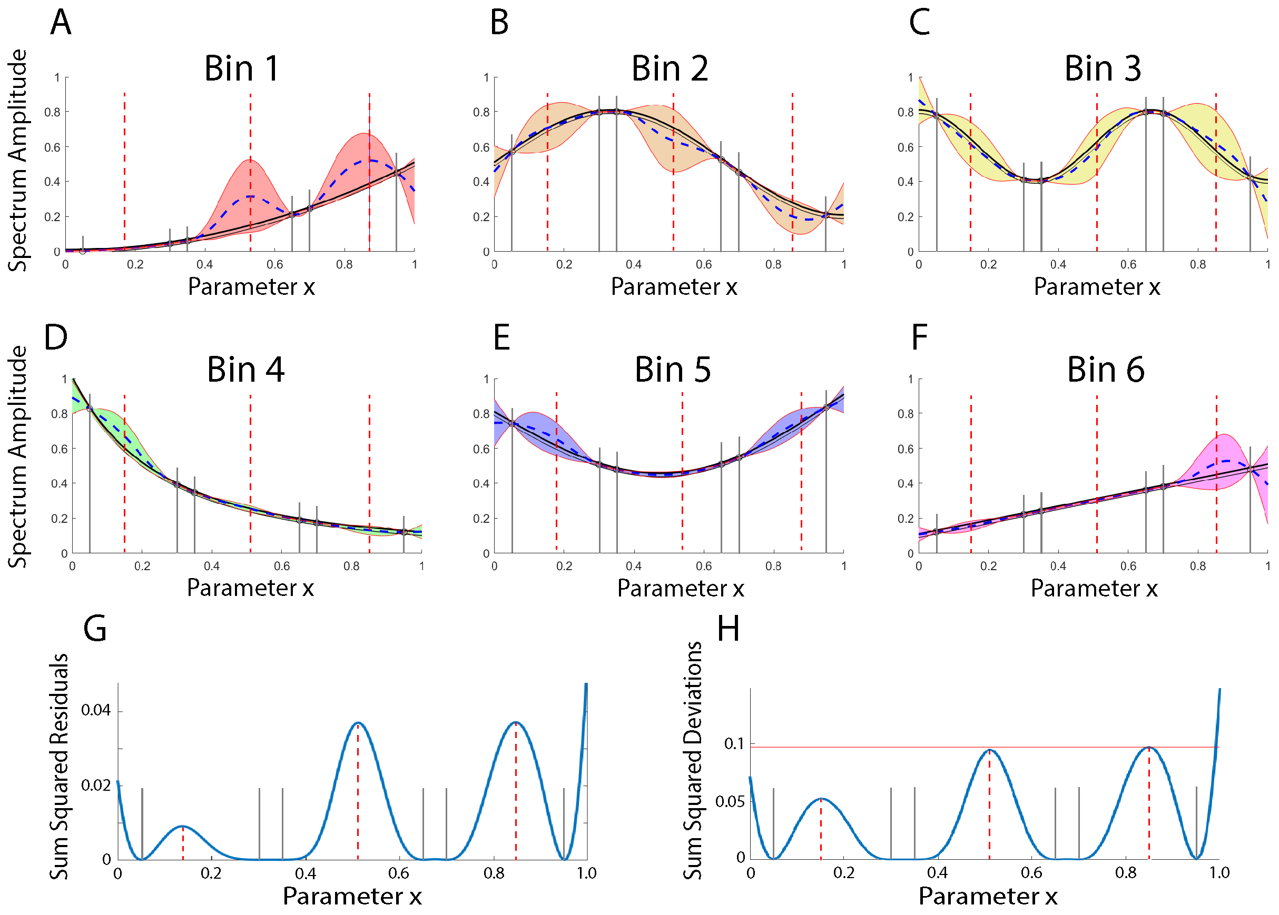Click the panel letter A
point(61,23)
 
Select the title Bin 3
point(1102,69)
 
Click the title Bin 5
point(673,370)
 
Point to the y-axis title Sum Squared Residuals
point(59,766)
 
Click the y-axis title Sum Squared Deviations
point(693,761)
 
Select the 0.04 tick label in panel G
point(96,710)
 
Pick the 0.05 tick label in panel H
point(730,801)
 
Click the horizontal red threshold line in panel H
point(874,747)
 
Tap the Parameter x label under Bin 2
point(674,287)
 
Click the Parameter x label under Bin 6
point(1094,588)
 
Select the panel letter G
point(95,628)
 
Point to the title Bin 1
point(241,69)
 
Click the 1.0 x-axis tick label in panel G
point(586,873)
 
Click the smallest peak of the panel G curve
point(182,827)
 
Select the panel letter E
point(501,338)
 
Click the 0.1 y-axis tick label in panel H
point(734,744)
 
